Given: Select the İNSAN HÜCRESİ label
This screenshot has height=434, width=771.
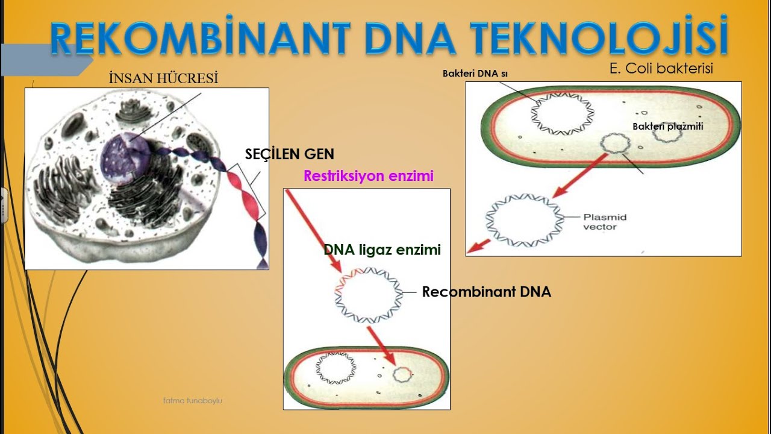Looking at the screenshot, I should (163, 78).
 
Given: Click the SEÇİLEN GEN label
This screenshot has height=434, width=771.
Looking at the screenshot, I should (289, 154).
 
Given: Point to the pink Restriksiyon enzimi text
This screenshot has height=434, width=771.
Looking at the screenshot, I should (369, 177).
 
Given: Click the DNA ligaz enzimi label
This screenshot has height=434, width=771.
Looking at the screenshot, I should (382, 250).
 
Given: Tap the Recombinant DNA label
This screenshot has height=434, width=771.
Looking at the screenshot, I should (486, 292).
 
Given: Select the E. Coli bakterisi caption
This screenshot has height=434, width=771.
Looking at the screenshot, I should (661, 69).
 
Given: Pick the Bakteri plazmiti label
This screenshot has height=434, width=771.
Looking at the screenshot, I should (667, 127).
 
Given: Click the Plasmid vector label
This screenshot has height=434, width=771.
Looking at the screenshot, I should (605, 222).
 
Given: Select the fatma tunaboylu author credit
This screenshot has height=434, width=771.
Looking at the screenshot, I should (192, 400).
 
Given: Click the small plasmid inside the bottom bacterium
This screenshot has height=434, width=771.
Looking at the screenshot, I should (402, 374).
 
